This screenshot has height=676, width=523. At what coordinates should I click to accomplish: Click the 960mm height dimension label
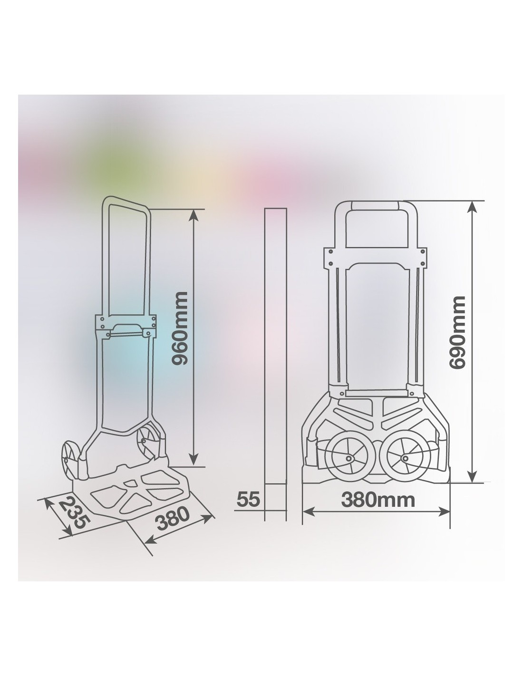pos(180,328)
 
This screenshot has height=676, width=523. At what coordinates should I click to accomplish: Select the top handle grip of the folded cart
pos(375,206)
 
